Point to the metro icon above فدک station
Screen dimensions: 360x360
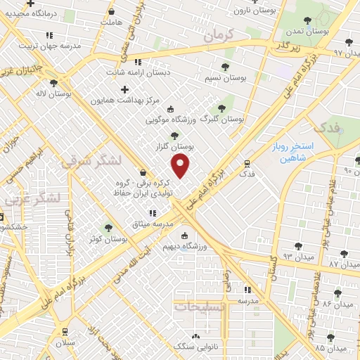[245, 161]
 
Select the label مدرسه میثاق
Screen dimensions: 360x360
[150, 224]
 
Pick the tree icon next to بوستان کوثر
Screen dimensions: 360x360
[108, 227]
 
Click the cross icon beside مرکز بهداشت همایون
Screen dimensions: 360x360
[126, 89]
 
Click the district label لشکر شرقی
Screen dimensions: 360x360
[91, 162]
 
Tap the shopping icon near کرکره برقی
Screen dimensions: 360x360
[143, 173]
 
